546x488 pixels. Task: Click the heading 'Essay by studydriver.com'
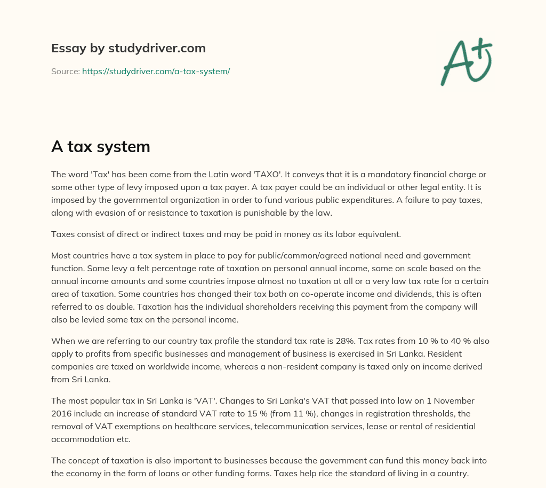pos(129,48)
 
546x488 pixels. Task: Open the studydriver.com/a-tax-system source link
pos(156,71)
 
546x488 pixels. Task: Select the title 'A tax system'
pos(100,146)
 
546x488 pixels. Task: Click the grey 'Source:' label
pos(65,71)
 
